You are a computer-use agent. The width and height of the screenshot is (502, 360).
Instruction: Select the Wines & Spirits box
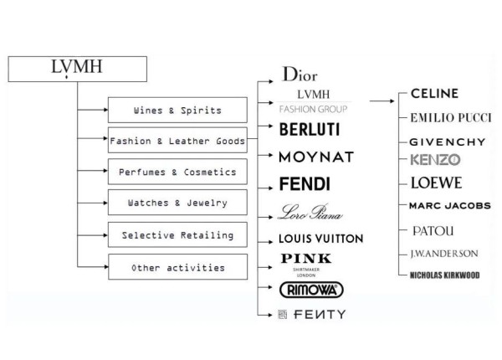coord(177,110)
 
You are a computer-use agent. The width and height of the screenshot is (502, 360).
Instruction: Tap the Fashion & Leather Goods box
coord(177,141)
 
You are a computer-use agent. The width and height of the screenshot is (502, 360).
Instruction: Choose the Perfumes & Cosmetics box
coord(177,172)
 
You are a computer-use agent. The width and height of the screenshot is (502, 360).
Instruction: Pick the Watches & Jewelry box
coord(177,203)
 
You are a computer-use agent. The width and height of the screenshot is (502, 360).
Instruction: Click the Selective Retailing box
coord(177,235)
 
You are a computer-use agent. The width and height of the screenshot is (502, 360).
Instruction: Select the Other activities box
coord(177,267)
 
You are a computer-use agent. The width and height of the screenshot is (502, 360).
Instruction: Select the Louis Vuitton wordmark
coord(320,239)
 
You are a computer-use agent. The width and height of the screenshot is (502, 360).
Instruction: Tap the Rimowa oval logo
coord(307,289)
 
